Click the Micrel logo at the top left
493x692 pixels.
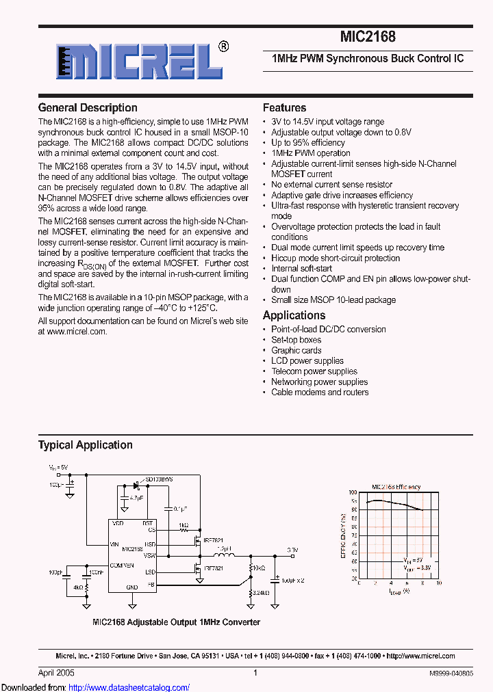point(134,64)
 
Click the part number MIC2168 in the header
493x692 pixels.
point(367,38)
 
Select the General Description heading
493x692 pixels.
point(88,108)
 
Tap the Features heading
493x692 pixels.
point(284,108)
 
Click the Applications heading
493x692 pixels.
point(294,315)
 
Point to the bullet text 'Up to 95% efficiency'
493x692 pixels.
point(307,143)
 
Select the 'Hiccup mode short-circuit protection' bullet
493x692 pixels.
point(336,258)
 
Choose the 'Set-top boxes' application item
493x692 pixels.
point(296,340)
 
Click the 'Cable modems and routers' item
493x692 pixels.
point(320,392)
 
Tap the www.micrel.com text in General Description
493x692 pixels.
point(77,332)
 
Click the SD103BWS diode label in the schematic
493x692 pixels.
point(159,480)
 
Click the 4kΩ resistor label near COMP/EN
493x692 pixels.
point(79,587)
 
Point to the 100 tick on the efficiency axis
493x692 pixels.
point(353,492)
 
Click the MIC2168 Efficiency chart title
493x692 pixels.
point(396,487)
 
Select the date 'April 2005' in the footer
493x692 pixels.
point(54,673)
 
